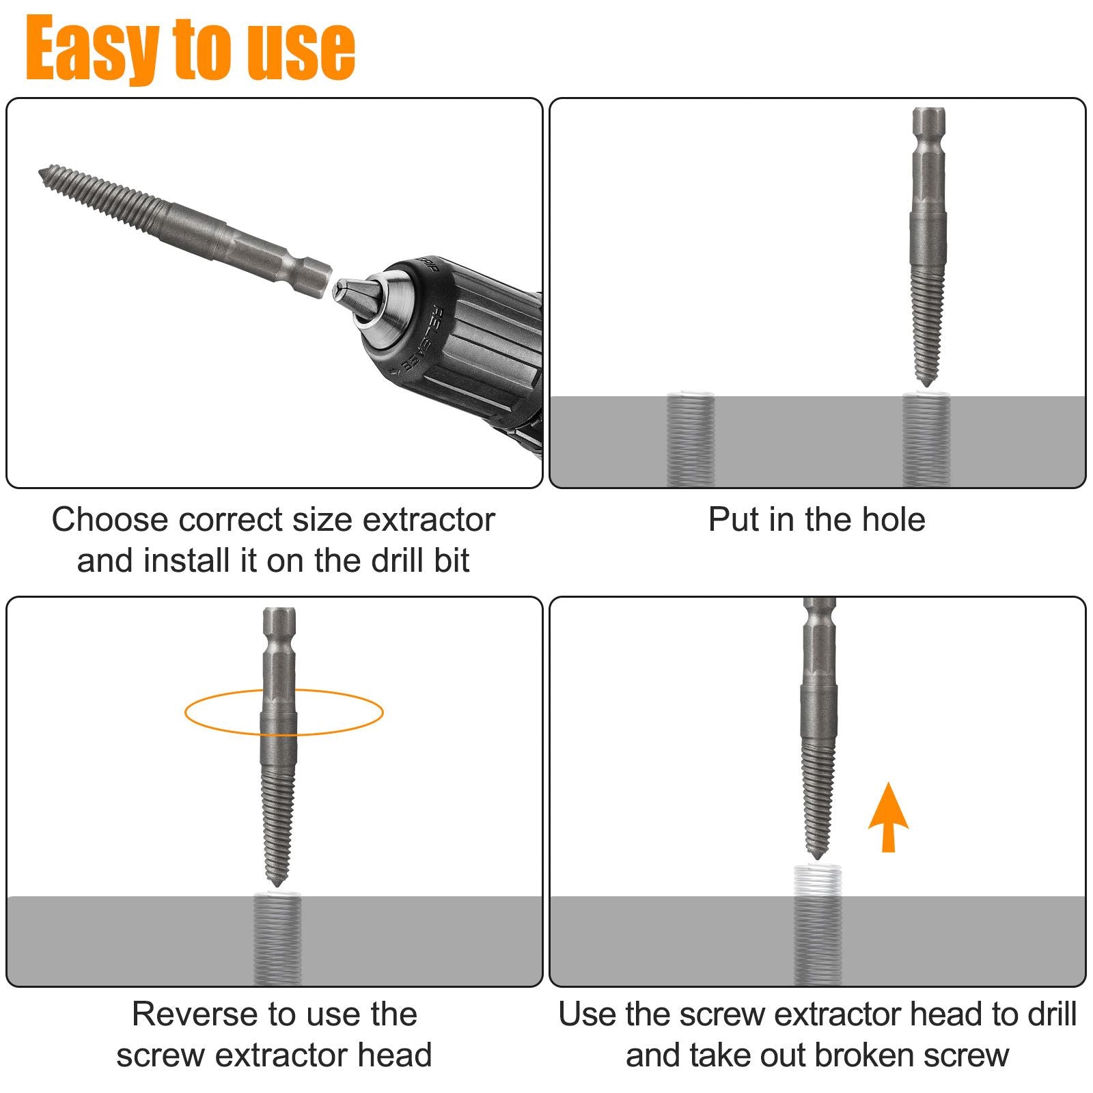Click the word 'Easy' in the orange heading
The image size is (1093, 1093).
pos(92,49)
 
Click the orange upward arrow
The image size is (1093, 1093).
pos(888,816)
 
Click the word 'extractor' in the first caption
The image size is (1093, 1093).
pos(428,520)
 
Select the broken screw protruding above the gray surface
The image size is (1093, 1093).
pos(817,881)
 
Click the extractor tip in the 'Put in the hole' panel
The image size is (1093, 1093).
pos(927,383)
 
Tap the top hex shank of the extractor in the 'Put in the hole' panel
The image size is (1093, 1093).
pos(929,137)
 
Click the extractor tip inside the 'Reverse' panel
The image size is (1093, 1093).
pos(277,883)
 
